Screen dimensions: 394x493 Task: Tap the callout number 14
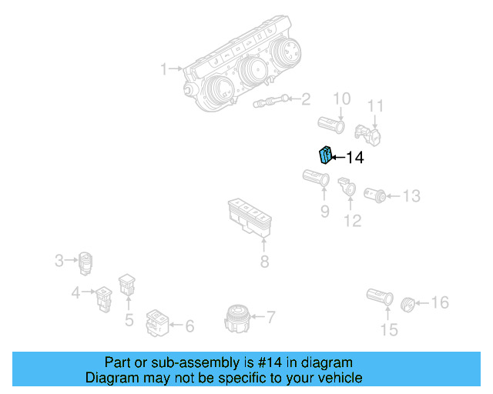pyautogui.click(x=354, y=159)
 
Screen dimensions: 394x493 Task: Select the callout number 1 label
pyautogui.click(x=163, y=70)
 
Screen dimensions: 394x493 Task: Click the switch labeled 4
pyautogui.click(x=102, y=295)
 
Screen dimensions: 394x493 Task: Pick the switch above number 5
pyautogui.click(x=126, y=285)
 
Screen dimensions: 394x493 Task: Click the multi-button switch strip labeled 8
pyautogui.click(x=250, y=215)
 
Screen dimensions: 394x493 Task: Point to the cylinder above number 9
pyautogui.click(x=317, y=181)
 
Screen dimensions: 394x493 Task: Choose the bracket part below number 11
pyautogui.click(x=368, y=135)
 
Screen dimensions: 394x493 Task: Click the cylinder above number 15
pyautogui.click(x=381, y=298)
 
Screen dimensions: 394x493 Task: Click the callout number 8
pyautogui.click(x=264, y=262)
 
